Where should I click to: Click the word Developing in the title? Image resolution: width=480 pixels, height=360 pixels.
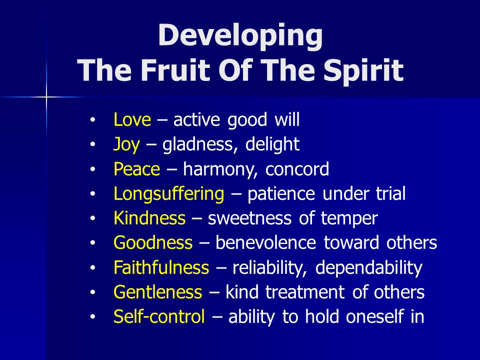pos(240,36)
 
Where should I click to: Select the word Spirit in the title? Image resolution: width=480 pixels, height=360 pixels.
pos(363,71)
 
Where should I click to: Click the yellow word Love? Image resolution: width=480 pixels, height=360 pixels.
pos(132,119)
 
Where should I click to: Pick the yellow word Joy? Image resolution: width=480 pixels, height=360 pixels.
pos(126,145)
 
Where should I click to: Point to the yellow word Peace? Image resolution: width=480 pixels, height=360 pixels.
pos(136,169)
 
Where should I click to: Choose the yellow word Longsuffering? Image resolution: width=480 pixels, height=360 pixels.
pos(168,194)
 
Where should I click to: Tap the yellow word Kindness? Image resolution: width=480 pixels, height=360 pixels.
pos(149,218)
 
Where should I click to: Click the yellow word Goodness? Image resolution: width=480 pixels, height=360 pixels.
pos(153,243)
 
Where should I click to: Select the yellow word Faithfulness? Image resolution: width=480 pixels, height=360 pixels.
pos(161,267)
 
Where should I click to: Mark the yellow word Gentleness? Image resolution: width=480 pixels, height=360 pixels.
pos(157,292)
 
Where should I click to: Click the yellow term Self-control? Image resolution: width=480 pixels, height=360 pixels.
pos(159,316)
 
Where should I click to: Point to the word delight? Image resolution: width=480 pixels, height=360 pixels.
pos(272,145)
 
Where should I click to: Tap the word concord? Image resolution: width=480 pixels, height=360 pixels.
pos(297,169)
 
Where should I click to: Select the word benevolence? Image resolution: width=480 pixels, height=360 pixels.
pos(265,243)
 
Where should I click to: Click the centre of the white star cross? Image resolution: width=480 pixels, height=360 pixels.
pos(46,97)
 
